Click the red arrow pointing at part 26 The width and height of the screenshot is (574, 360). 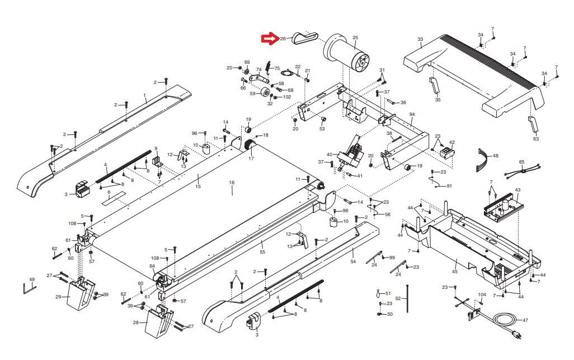[x=270, y=39]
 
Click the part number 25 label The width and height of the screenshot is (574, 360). [x=355, y=38]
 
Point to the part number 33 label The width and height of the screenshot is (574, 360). [x=420, y=39]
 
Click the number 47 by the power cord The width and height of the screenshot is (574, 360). [x=525, y=320]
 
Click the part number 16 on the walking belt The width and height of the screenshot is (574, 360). [x=232, y=183]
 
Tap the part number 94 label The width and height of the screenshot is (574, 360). [x=412, y=114]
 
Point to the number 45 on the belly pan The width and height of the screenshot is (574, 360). [x=455, y=271]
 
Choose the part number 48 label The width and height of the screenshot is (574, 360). [x=495, y=155]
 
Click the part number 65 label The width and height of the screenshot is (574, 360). [x=521, y=162]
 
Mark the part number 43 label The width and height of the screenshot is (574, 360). [x=517, y=190]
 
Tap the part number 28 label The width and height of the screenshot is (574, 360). [x=136, y=322]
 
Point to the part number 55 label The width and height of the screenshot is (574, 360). [x=262, y=252]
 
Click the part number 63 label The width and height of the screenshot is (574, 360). [x=535, y=138]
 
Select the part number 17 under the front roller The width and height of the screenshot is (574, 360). [x=251, y=158]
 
